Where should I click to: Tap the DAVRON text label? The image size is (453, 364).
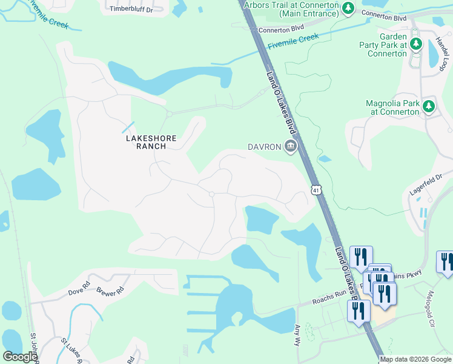[265, 147]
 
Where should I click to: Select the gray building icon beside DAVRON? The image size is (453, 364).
[291, 146]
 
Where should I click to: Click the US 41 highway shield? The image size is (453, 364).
[316, 190]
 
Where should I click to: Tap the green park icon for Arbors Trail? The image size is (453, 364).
[348, 8]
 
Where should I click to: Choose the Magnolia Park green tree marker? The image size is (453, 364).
[429, 107]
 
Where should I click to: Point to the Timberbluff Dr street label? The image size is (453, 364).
[130, 8]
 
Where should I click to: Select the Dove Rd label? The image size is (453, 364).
[79, 283]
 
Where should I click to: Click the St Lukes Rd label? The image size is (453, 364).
[72, 351]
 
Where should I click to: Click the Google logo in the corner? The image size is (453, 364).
[20, 357]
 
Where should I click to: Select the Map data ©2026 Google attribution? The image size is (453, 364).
[415, 359]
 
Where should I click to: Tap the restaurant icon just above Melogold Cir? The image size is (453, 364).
[446, 261]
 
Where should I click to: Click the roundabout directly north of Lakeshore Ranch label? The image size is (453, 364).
[170, 113]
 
